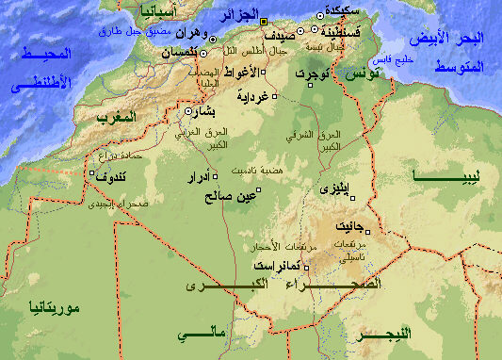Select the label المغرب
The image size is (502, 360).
click(x=118, y=117)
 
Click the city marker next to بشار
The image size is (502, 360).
click(x=188, y=110)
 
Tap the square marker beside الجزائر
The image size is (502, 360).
click(x=264, y=20)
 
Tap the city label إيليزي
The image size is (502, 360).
click(x=340, y=189)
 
